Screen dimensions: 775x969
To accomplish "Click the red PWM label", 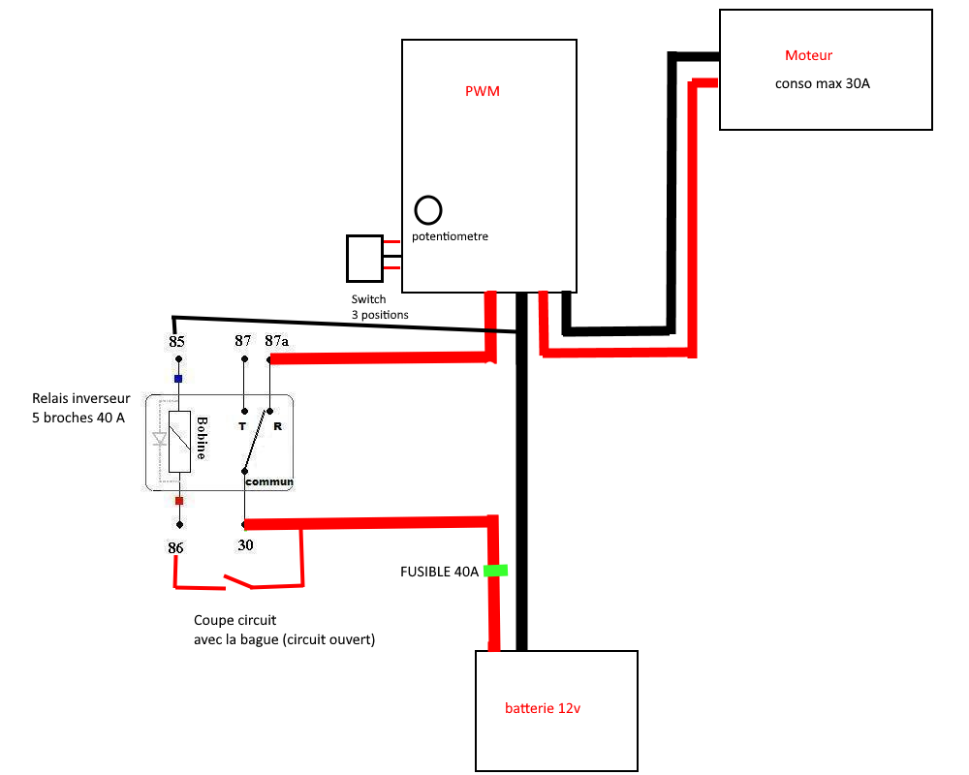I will pyautogui.click(x=483, y=92).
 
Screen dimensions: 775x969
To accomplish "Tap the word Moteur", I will pyautogui.click(x=808, y=55).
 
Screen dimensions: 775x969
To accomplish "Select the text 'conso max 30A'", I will pyautogui.click(x=822, y=83).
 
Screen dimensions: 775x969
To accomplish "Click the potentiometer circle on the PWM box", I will pyautogui.click(x=428, y=209).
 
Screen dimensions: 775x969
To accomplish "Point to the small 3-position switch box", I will pyautogui.click(x=364, y=258).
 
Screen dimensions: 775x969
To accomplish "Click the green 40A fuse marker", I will pyautogui.click(x=495, y=571).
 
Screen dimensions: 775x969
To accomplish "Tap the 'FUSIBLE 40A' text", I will pyautogui.click(x=439, y=572).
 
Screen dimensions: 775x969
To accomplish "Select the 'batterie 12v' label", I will pyautogui.click(x=543, y=708).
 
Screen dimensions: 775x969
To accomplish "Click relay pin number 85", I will pyautogui.click(x=176, y=342).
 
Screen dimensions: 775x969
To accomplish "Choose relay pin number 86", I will pyautogui.click(x=175, y=547).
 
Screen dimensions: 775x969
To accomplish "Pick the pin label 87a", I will pyautogui.click(x=276, y=341).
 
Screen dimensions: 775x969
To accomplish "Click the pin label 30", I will pyautogui.click(x=245, y=545).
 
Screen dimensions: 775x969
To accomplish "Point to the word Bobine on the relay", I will pyautogui.click(x=203, y=439).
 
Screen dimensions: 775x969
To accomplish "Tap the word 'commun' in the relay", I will pyautogui.click(x=268, y=481).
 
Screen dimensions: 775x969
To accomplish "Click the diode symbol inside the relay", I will pyautogui.click(x=160, y=439).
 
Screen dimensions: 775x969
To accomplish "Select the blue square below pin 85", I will pyautogui.click(x=178, y=379).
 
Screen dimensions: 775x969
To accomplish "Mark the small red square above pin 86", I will pyautogui.click(x=178, y=501).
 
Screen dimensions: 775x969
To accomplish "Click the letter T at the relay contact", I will pyautogui.click(x=242, y=426).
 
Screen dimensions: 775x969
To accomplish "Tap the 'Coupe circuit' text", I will pyautogui.click(x=228, y=621).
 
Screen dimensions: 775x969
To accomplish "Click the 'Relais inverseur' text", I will pyautogui.click(x=80, y=398).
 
